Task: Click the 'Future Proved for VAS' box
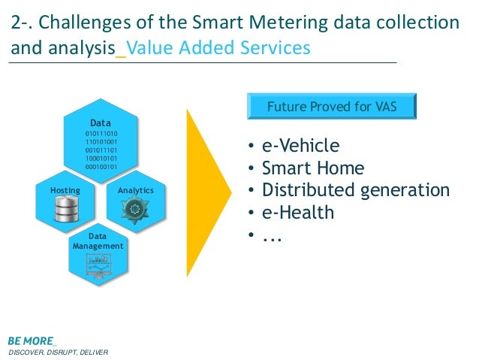pyautogui.click(x=332, y=107)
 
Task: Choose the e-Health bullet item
pyautogui.click(x=297, y=213)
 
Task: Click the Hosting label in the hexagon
pyautogui.click(x=65, y=191)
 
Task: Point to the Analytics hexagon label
pyautogui.click(x=136, y=191)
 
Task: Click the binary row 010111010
pyautogui.click(x=101, y=133)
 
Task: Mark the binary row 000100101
pyautogui.click(x=101, y=166)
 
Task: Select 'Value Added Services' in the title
pyautogui.click(x=218, y=48)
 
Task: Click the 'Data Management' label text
pyautogui.click(x=98, y=241)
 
